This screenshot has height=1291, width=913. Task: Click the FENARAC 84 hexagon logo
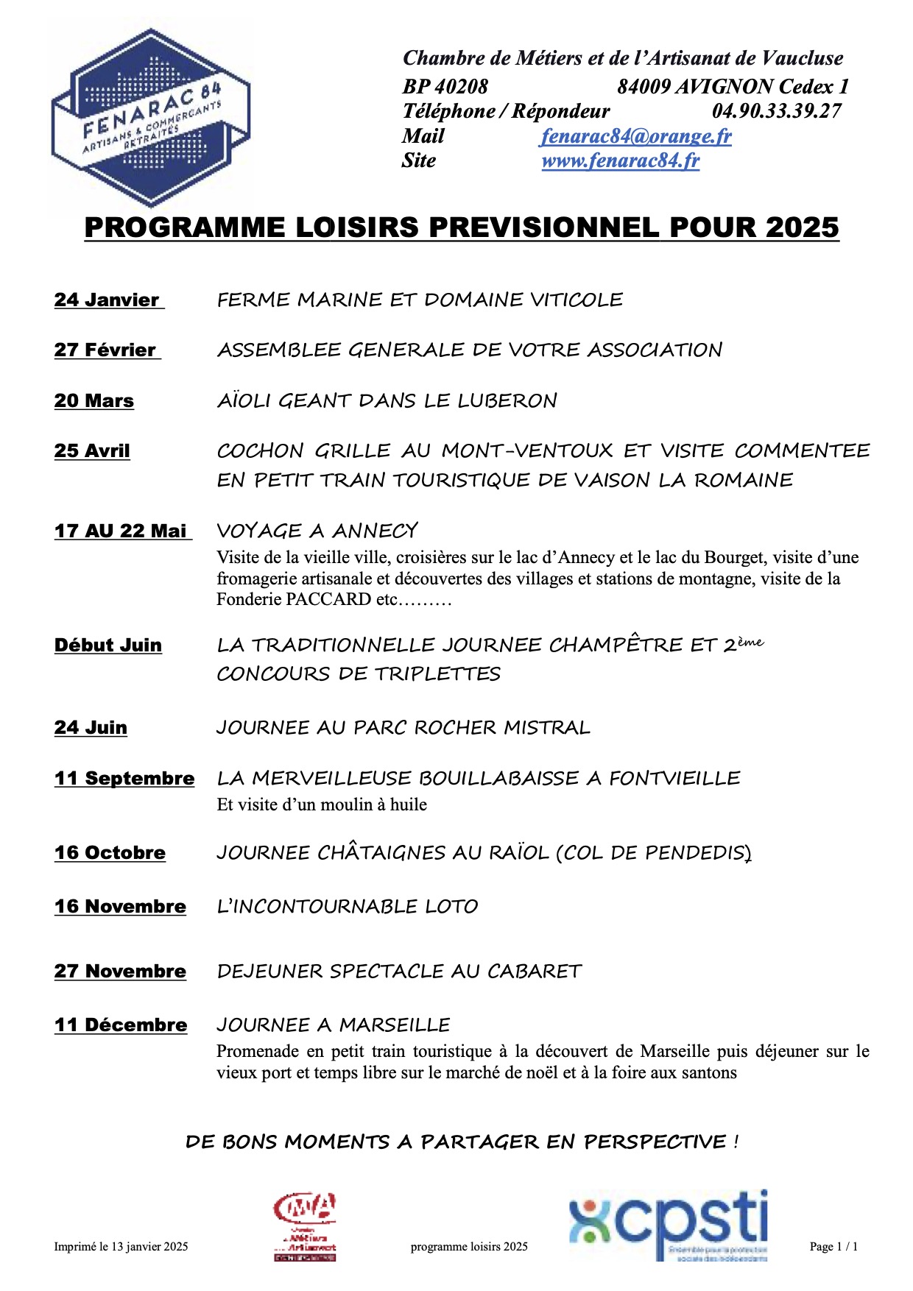click(151, 118)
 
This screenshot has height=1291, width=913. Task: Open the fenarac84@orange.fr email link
click(636, 136)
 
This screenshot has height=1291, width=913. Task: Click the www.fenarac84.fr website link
click(621, 160)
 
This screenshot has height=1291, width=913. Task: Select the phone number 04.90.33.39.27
click(776, 111)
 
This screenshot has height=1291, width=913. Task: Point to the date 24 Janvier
click(107, 300)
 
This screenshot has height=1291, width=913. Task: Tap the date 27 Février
click(105, 350)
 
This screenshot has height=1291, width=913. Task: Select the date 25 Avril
click(92, 450)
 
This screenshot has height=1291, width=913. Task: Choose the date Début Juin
click(108, 645)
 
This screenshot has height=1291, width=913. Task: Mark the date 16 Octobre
click(110, 852)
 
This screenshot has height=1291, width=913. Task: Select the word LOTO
click(452, 906)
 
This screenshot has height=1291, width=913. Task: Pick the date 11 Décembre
click(121, 1025)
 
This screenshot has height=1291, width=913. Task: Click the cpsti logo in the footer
click(669, 1226)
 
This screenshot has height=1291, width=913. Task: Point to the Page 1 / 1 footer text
click(833, 1246)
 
